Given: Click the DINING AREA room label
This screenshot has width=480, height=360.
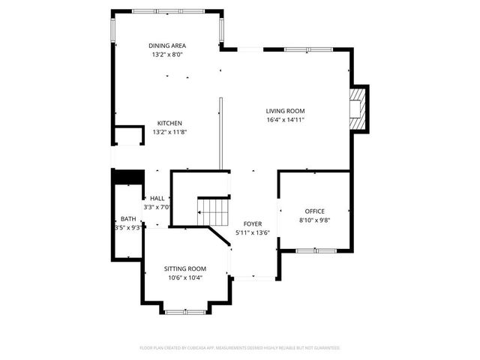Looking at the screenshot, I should (167, 46).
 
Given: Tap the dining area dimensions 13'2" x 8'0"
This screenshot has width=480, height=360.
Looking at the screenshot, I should (167, 55).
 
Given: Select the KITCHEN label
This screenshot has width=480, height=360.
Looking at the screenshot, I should (169, 123).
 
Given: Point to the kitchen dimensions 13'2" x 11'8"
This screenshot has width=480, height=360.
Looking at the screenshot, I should (169, 132).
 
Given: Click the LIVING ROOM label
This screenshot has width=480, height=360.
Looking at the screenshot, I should (285, 111).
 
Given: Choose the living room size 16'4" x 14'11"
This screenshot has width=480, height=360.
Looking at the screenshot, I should (285, 120).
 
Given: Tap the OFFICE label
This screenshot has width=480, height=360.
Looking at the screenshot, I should (314, 211).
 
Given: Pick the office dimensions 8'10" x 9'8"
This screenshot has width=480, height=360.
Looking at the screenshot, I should (314, 220).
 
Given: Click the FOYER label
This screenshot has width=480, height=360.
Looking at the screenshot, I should (252, 224).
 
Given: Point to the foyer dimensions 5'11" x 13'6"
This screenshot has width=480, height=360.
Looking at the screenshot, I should (252, 233).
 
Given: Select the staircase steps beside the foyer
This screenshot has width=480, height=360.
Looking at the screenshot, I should (211, 210).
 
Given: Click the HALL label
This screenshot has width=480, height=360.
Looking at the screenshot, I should (157, 199).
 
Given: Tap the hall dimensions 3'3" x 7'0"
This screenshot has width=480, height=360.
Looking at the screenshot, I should (157, 208).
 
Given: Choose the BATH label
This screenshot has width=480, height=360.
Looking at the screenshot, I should (128, 219).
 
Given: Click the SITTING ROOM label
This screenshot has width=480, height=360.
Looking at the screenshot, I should (185, 268).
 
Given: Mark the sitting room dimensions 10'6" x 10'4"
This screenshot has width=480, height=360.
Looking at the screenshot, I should (185, 277).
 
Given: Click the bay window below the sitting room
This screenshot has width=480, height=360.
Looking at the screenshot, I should (185, 310).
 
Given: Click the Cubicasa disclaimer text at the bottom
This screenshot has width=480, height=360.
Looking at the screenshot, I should (240, 348).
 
